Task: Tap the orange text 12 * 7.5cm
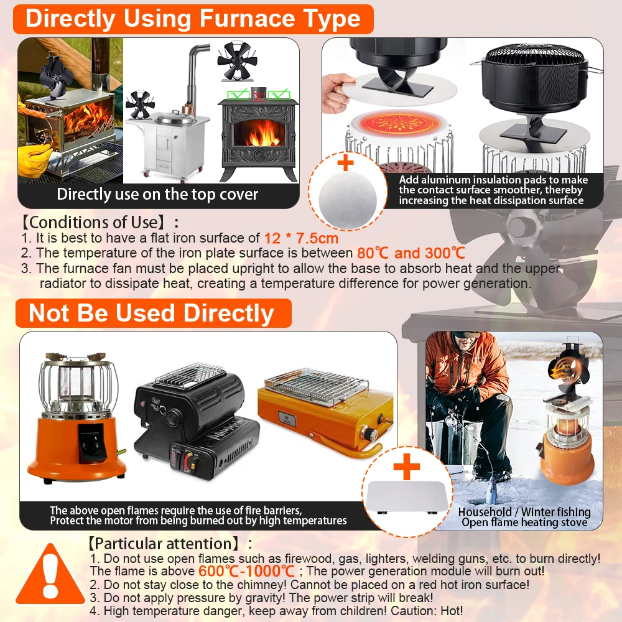(301, 238)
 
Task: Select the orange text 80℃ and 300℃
(411, 253)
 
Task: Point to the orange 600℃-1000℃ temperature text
(246, 571)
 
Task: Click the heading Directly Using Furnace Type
(193, 19)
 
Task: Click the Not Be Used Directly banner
(154, 313)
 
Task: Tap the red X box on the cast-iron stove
(259, 95)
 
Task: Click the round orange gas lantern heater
(75, 417)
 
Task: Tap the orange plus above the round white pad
(345, 162)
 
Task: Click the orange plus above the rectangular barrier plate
(407, 467)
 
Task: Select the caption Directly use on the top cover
(157, 194)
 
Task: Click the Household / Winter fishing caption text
(524, 512)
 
